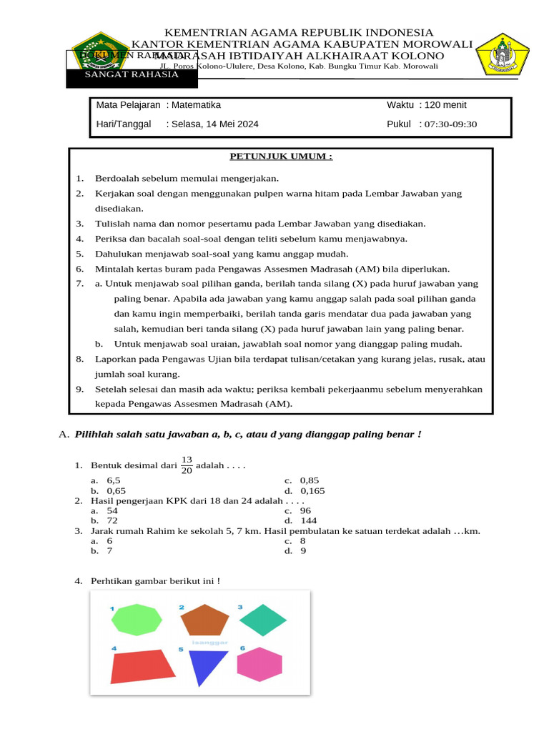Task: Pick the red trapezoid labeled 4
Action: tap(142, 666)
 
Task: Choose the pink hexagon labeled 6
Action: tap(259, 665)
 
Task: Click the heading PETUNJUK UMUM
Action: tap(280, 157)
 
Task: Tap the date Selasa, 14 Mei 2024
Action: tap(214, 124)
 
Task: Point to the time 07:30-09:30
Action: tap(450, 124)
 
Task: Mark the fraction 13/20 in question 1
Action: tap(187, 465)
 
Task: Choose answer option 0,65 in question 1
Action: tap(116, 491)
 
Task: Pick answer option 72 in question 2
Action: tap(112, 521)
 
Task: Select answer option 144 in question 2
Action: tap(309, 521)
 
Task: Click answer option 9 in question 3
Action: tap(303, 551)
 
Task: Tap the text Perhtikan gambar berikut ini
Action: tap(155, 581)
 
